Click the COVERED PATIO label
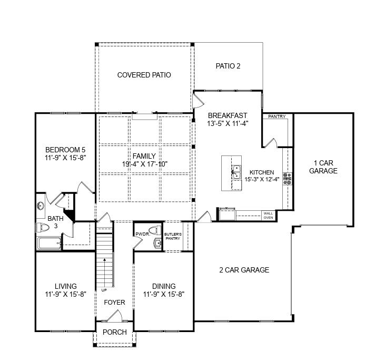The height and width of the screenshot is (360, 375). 144,75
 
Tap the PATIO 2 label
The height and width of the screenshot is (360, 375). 228,66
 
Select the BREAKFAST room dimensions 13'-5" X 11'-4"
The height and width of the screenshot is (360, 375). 228,123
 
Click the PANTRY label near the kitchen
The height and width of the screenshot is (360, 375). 277,116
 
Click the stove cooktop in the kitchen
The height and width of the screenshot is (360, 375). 287,178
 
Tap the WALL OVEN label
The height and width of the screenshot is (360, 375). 268,215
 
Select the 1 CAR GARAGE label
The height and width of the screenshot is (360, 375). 323,167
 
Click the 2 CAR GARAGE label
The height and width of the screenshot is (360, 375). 244,270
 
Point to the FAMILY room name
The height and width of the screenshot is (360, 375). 144,156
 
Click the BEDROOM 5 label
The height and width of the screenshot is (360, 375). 65,149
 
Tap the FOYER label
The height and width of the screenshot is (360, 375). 114,303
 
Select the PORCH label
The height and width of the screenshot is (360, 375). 114,332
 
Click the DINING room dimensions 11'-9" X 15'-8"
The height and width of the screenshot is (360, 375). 164,294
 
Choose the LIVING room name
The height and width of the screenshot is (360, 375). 65,286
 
